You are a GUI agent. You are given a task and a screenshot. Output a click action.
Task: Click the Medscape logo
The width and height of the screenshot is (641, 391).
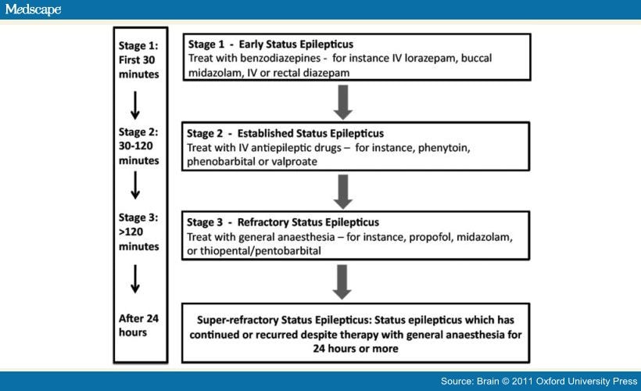[x=33, y=9]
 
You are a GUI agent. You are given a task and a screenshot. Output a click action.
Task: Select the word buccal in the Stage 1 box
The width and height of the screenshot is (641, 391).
[x=476, y=58]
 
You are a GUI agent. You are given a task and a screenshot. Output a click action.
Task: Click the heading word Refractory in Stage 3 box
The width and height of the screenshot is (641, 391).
[x=260, y=223]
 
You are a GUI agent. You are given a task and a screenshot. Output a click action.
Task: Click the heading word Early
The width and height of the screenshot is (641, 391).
[x=251, y=44]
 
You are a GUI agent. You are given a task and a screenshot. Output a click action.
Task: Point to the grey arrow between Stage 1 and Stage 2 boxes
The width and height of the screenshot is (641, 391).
[x=343, y=102]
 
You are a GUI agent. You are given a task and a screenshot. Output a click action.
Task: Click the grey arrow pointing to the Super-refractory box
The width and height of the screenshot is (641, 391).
[x=342, y=282]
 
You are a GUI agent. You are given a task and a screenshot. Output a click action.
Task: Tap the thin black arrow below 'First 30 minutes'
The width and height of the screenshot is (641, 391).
[x=135, y=105]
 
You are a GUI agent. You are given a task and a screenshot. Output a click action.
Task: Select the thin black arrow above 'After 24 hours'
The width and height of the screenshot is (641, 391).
[x=135, y=278]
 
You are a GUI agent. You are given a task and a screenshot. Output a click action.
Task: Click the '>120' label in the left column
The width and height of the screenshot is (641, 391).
[x=131, y=232]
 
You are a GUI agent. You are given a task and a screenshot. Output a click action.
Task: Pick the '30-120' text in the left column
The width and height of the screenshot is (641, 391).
[x=136, y=146]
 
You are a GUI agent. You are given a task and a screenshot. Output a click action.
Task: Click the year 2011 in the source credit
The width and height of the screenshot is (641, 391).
[x=522, y=381]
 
